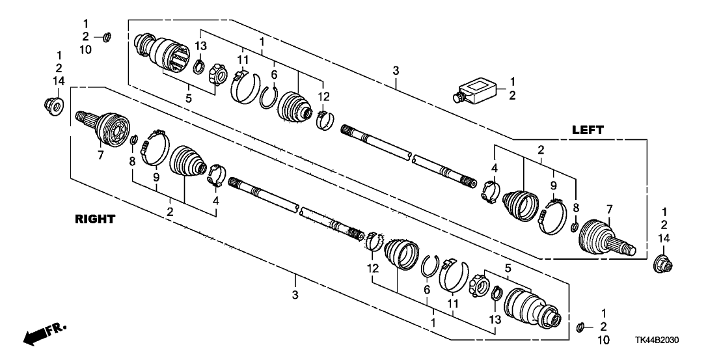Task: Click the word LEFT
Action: click(x=588, y=130)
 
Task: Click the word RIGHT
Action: click(x=95, y=220)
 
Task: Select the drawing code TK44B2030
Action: click(x=657, y=340)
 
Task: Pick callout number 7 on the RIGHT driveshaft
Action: click(x=101, y=156)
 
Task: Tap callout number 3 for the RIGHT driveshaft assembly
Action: click(x=295, y=295)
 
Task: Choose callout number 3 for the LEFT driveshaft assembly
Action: click(x=396, y=71)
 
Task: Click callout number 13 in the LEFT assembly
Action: click(x=202, y=46)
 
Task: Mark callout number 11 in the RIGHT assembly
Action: click(x=453, y=303)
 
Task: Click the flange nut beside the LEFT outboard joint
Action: click(x=664, y=262)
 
